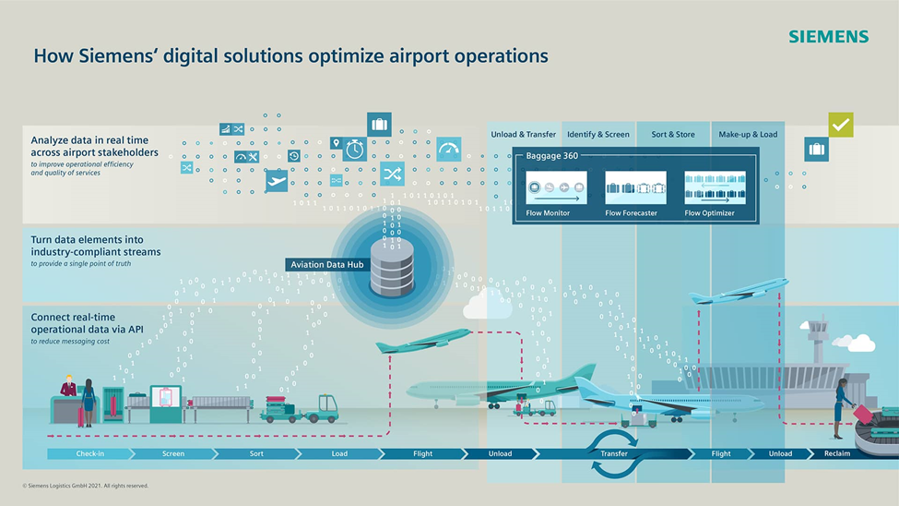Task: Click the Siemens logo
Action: tap(828, 37)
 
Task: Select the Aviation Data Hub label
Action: tap(326, 265)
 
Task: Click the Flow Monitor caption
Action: tap(548, 213)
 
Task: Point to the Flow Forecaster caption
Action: tap(631, 213)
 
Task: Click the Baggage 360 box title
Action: tap(551, 156)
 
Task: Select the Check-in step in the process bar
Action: tap(89, 454)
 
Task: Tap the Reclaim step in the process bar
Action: tap(836, 454)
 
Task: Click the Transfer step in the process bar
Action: tap(614, 454)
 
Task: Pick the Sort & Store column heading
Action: tap(673, 135)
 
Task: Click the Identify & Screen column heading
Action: tap(598, 135)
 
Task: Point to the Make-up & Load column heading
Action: tap(748, 135)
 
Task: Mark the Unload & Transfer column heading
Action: tap(523, 135)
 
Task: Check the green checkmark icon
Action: tap(840, 124)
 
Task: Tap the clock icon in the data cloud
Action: tap(355, 149)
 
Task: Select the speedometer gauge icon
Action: tap(449, 150)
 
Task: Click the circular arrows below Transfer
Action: tap(612, 454)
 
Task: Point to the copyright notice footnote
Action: tap(85, 486)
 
